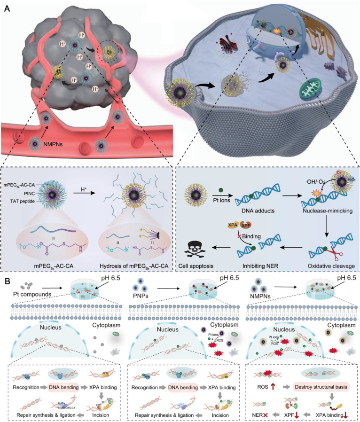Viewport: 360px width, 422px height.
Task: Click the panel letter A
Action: [7, 8]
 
